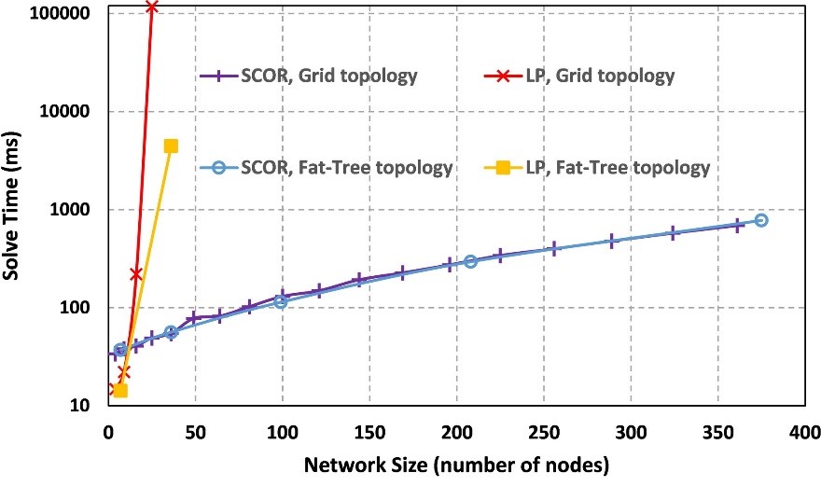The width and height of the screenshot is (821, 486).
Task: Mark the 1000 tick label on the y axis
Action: pyautogui.click(x=70, y=210)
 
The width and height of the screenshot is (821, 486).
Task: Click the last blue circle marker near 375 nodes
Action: pyautogui.click(x=761, y=220)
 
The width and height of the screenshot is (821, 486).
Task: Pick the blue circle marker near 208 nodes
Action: pyautogui.click(x=470, y=262)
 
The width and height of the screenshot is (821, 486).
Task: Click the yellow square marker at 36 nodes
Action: pyautogui.click(x=171, y=146)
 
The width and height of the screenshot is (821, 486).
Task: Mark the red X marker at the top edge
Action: pyautogui.click(x=151, y=7)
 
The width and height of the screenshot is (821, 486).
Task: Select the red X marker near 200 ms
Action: pyautogui.click(x=136, y=273)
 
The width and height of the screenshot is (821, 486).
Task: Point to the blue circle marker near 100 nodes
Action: pyautogui.click(x=281, y=302)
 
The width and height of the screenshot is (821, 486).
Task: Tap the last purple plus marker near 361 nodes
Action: pyautogui.click(x=738, y=225)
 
